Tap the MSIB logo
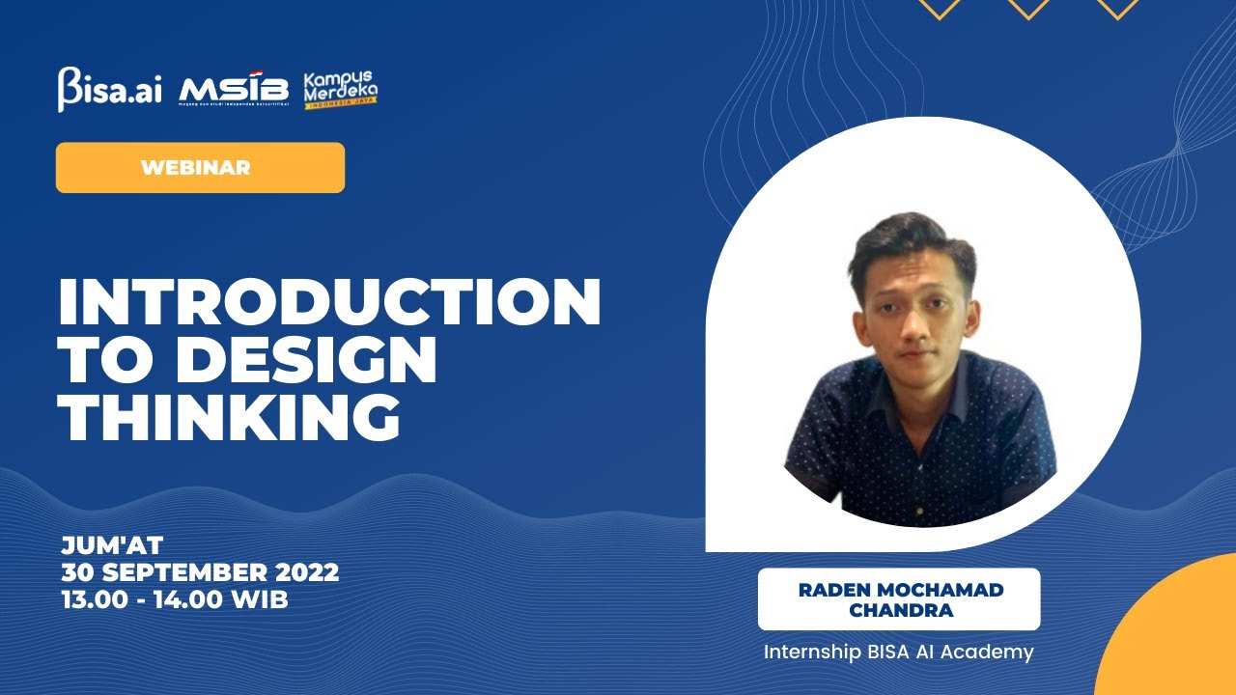click(x=234, y=91)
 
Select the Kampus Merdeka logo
click(x=340, y=90)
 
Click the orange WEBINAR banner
click(x=200, y=167)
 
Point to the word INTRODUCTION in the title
click(x=329, y=302)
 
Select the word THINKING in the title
click(x=229, y=418)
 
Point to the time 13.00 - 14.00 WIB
click(x=175, y=598)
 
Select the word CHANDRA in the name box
click(x=898, y=610)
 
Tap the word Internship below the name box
click(x=809, y=653)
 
